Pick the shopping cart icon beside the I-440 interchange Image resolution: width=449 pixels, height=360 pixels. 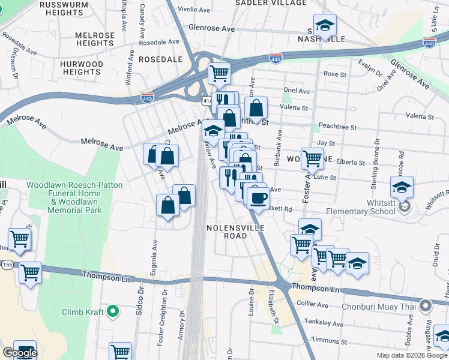click(x=219, y=74)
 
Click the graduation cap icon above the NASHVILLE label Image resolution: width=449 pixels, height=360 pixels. click(x=325, y=25)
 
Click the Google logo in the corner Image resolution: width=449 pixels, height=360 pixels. click(x=19, y=353)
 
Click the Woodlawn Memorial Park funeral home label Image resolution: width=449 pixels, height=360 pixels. click(x=64, y=198)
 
